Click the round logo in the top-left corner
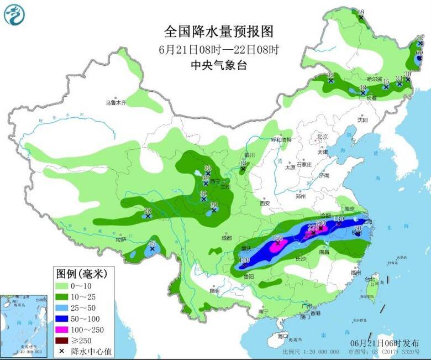(15, 15)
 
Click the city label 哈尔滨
(374, 79)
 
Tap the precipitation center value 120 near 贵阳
(244, 260)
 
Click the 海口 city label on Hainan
(283, 336)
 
